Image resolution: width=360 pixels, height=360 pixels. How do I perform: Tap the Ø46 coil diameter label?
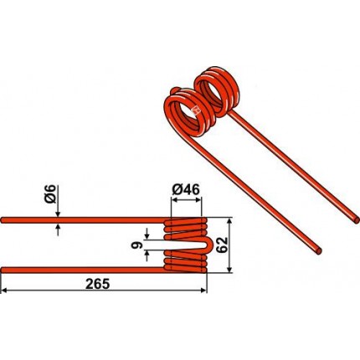coord(186,190)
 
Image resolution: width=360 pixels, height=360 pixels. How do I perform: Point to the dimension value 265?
coord(97,284)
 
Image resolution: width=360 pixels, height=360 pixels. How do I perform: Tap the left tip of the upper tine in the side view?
coord(3,220)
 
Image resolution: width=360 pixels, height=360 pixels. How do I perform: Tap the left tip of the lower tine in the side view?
coord(3,270)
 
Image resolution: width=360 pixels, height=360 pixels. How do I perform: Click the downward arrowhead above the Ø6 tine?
coord(58,214)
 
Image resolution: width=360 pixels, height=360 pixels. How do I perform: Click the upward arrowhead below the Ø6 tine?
coord(58,226)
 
